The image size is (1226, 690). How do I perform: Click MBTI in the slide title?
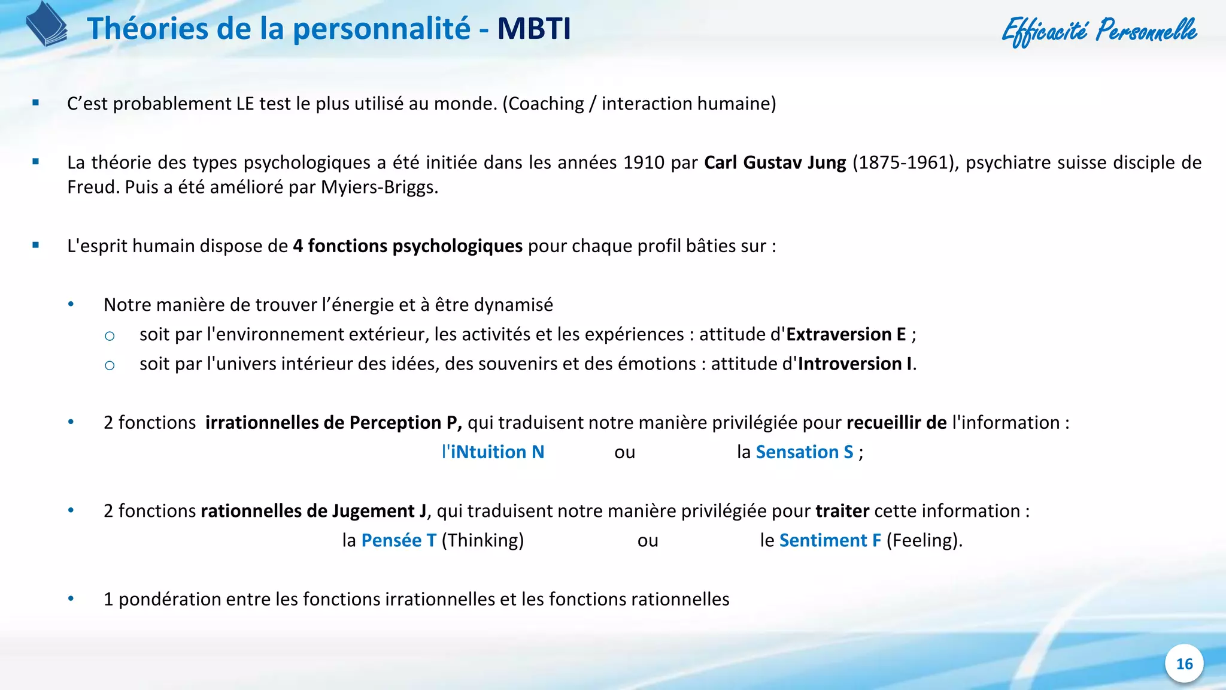534,29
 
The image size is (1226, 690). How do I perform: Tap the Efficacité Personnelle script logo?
1099,31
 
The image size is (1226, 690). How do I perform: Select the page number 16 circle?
1184,664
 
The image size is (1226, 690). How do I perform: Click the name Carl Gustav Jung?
775,162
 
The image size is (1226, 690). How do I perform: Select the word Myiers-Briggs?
379,187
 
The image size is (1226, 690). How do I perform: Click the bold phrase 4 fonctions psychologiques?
408,246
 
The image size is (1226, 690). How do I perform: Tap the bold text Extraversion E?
846,334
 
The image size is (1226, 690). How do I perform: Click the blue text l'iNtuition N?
493,452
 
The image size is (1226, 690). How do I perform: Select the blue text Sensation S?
804,452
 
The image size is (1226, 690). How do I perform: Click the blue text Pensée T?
399,540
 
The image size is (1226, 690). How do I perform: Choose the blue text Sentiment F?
830,540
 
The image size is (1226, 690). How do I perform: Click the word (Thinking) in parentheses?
482,540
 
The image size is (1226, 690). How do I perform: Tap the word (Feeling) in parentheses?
924,540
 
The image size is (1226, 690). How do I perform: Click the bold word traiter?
842,511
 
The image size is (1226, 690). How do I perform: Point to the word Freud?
93,187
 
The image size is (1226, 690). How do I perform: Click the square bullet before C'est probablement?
36,103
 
